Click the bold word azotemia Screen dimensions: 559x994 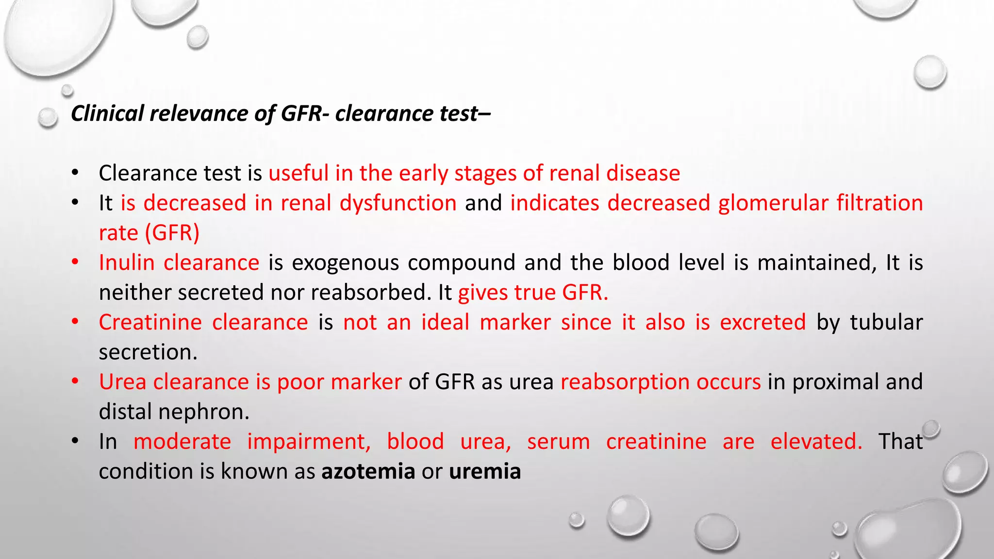click(368, 471)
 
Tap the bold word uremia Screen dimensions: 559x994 click(485, 471)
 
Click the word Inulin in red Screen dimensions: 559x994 click(127, 263)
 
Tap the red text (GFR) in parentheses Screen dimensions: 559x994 click(172, 233)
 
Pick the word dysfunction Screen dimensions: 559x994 click(398, 203)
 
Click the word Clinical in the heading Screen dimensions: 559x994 click(107, 114)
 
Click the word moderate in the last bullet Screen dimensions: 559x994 click(182, 442)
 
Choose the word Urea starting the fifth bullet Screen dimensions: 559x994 click(122, 382)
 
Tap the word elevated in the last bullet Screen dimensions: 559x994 click(816, 442)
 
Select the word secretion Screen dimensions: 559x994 click(148, 352)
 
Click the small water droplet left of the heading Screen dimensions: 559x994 click(48, 117)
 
